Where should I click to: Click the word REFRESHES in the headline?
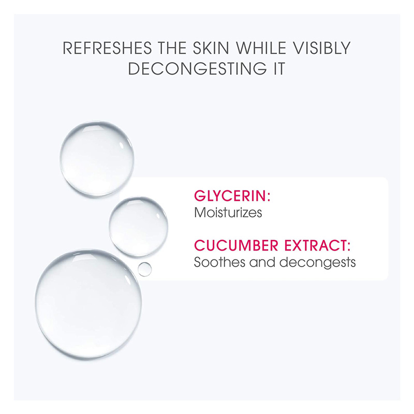click(107, 48)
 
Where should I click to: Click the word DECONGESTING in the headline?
click(198, 69)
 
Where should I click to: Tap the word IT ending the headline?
click(279, 69)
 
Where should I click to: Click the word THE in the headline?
click(172, 48)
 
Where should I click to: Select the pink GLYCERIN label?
click(230, 196)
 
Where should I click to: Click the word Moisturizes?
click(228, 213)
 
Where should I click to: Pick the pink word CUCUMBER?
click(236, 245)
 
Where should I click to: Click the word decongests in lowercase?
click(317, 263)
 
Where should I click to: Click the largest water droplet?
click(88, 304)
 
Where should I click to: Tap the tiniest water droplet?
click(145, 269)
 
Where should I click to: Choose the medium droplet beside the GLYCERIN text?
click(138, 227)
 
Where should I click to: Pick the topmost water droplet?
click(97, 158)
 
